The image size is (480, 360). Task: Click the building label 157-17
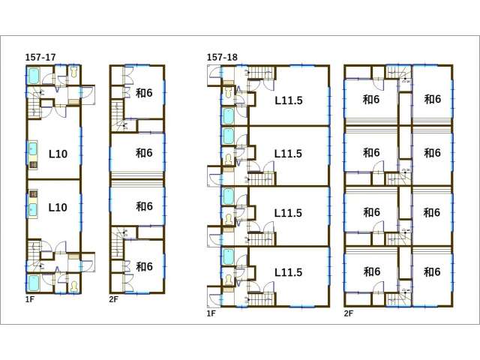[x=40, y=57]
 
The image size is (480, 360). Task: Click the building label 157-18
[x=222, y=57]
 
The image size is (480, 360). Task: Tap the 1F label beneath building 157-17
[x=30, y=299]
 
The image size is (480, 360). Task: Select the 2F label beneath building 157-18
[x=349, y=313]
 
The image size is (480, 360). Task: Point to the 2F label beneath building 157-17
[x=113, y=299]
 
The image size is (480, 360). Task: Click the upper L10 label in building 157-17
[x=58, y=154]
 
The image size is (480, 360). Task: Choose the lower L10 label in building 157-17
[x=58, y=208]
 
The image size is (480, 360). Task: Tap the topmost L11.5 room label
[x=288, y=100]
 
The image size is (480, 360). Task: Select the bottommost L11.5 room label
[x=288, y=272]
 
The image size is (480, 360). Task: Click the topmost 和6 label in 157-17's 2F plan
[x=144, y=93]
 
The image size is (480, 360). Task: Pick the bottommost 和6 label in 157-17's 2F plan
[x=144, y=267]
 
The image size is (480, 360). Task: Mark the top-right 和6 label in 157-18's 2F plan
[x=432, y=99]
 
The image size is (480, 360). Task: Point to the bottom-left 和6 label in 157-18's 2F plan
[x=372, y=271]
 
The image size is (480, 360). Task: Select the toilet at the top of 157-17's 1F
[x=74, y=72]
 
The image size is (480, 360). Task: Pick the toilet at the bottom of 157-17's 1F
[x=74, y=286]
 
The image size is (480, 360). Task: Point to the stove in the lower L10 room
[x=33, y=194]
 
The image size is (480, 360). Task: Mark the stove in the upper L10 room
[x=33, y=165]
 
